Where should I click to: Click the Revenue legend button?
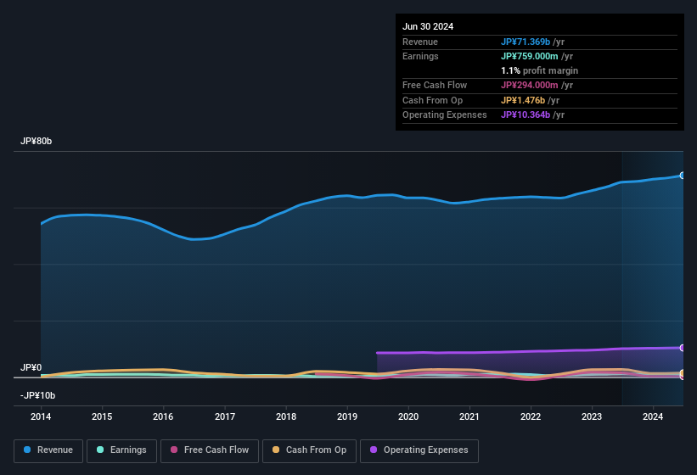49,450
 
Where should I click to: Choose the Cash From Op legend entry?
309,450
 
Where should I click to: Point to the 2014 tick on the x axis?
41,416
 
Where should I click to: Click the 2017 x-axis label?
225,416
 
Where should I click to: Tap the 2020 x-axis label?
408,416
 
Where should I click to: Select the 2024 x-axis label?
653,416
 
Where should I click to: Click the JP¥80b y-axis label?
37,142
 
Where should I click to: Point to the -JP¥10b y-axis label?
38,396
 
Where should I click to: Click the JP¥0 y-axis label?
31,368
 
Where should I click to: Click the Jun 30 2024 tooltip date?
428,26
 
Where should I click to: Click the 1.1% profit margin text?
539,70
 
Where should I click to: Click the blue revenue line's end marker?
683,176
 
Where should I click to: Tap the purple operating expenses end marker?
683,348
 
